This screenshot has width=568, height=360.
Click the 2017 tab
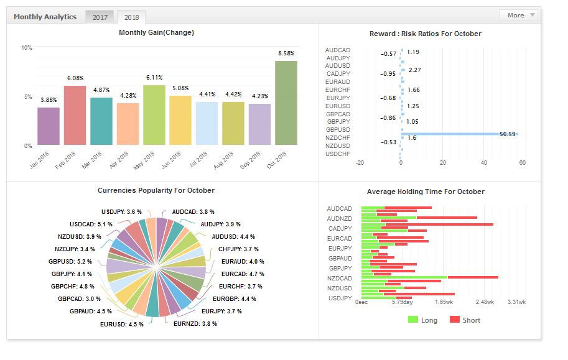point(100,17)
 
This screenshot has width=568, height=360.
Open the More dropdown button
point(518,15)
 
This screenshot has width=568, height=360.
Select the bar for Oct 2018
point(286,103)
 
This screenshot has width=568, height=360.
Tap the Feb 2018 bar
point(75,115)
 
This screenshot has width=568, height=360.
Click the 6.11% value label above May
point(154,78)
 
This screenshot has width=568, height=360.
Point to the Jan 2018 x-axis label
point(39,160)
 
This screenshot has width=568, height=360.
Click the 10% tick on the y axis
point(27,48)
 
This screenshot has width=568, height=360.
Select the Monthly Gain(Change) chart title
point(156,32)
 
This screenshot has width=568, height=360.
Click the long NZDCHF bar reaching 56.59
point(460,134)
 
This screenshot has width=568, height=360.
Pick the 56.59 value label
point(508,133)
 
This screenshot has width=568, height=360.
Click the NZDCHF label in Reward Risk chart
point(338,137)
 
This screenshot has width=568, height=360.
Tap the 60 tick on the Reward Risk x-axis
point(522,163)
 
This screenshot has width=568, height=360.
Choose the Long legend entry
point(422,320)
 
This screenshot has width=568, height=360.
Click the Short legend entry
point(465,320)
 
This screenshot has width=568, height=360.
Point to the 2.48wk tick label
point(485,302)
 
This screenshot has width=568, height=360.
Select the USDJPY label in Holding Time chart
point(339,298)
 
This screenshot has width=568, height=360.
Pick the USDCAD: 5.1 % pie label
point(83,224)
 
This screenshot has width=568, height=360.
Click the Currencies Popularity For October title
point(156,190)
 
